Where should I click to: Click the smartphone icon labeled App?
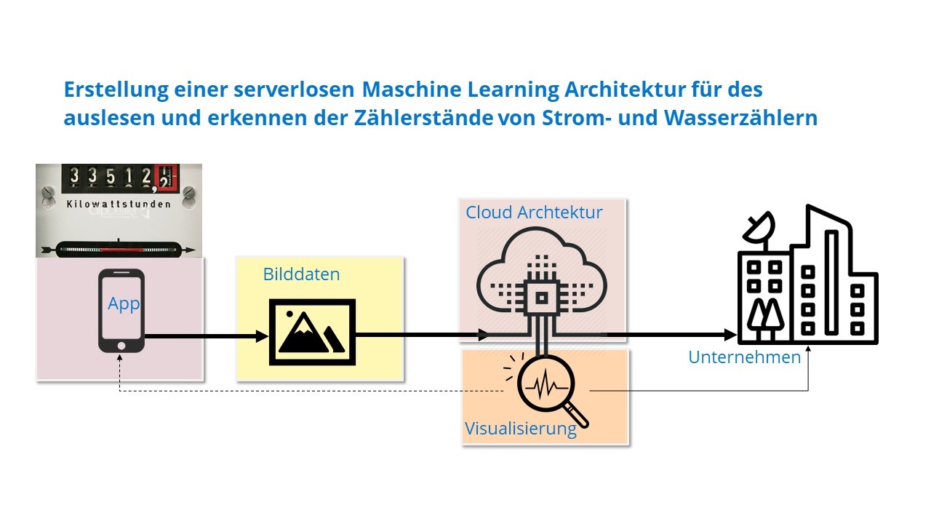pos(121,311)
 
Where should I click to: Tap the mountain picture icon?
pos(312,332)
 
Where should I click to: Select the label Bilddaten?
pos(301,274)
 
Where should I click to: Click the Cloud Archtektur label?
pos(534,213)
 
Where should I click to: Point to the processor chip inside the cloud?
pos(540,295)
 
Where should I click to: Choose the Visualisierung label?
pos(520,428)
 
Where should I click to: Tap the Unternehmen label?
pos(744,357)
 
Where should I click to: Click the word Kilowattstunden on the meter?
pos(118,205)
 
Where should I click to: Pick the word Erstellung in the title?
pos(110,90)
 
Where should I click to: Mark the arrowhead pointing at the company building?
pos(730,336)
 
